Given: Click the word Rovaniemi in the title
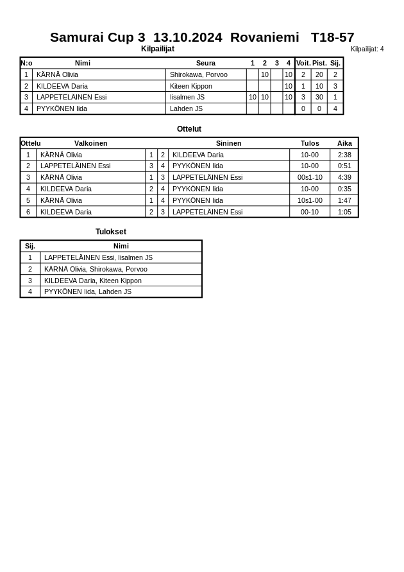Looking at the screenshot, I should click(x=264, y=37).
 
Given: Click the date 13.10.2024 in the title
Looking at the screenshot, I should click(x=187, y=37).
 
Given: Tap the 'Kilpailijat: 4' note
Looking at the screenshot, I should click(x=367, y=49).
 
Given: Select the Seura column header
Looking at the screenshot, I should click(x=205, y=63).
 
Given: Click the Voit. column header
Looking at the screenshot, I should click(x=303, y=63).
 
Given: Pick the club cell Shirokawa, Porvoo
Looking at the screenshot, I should click(x=199, y=74).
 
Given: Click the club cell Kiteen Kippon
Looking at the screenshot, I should click(x=191, y=86).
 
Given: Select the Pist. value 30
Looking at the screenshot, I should click(x=319, y=98).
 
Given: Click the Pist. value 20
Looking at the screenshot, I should click(x=319, y=74).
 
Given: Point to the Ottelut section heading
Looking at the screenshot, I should click(x=189, y=129).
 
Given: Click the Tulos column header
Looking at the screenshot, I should click(x=310, y=143).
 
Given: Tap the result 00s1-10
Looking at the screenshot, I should click(x=310, y=177).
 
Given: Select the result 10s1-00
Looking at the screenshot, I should click(x=310, y=200).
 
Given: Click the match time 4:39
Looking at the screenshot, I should click(x=344, y=177).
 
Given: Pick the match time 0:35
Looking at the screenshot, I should click(x=344, y=189).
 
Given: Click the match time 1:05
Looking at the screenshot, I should click(x=344, y=212).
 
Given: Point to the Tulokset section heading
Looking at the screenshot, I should click(x=111, y=232).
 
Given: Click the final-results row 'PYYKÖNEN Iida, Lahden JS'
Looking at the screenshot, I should click(x=88, y=291).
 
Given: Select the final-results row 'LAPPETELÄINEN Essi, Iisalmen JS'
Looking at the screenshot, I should click(x=98, y=257).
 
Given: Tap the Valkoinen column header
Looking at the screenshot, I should click(x=90, y=143).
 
